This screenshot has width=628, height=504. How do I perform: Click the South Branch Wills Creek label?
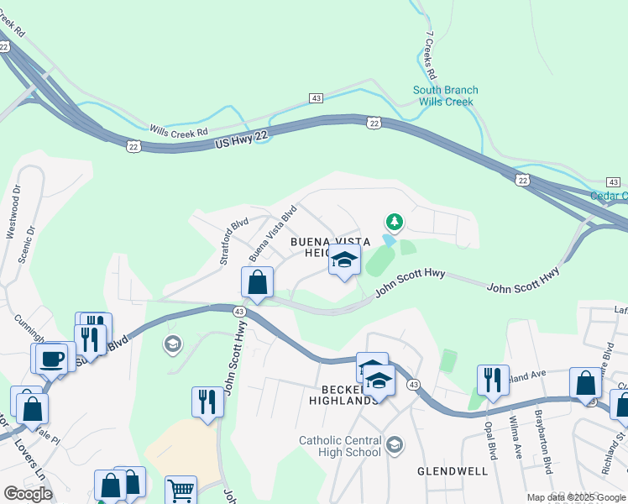pyautogui.click(x=445, y=96)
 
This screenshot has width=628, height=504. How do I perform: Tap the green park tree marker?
pyautogui.click(x=394, y=222)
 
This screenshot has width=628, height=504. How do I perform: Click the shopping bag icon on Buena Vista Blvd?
pyautogui.click(x=258, y=282)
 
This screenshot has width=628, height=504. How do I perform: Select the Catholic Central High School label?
pyautogui.click(x=340, y=446)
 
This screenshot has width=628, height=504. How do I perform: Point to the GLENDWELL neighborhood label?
pyautogui.click(x=453, y=471)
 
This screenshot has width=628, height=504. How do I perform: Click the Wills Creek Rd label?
pyautogui.click(x=178, y=132)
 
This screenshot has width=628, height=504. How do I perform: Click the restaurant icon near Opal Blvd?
pyautogui.click(x=492, y=379)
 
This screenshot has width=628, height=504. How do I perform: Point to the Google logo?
pyautogui.click(x=28, y=493)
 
